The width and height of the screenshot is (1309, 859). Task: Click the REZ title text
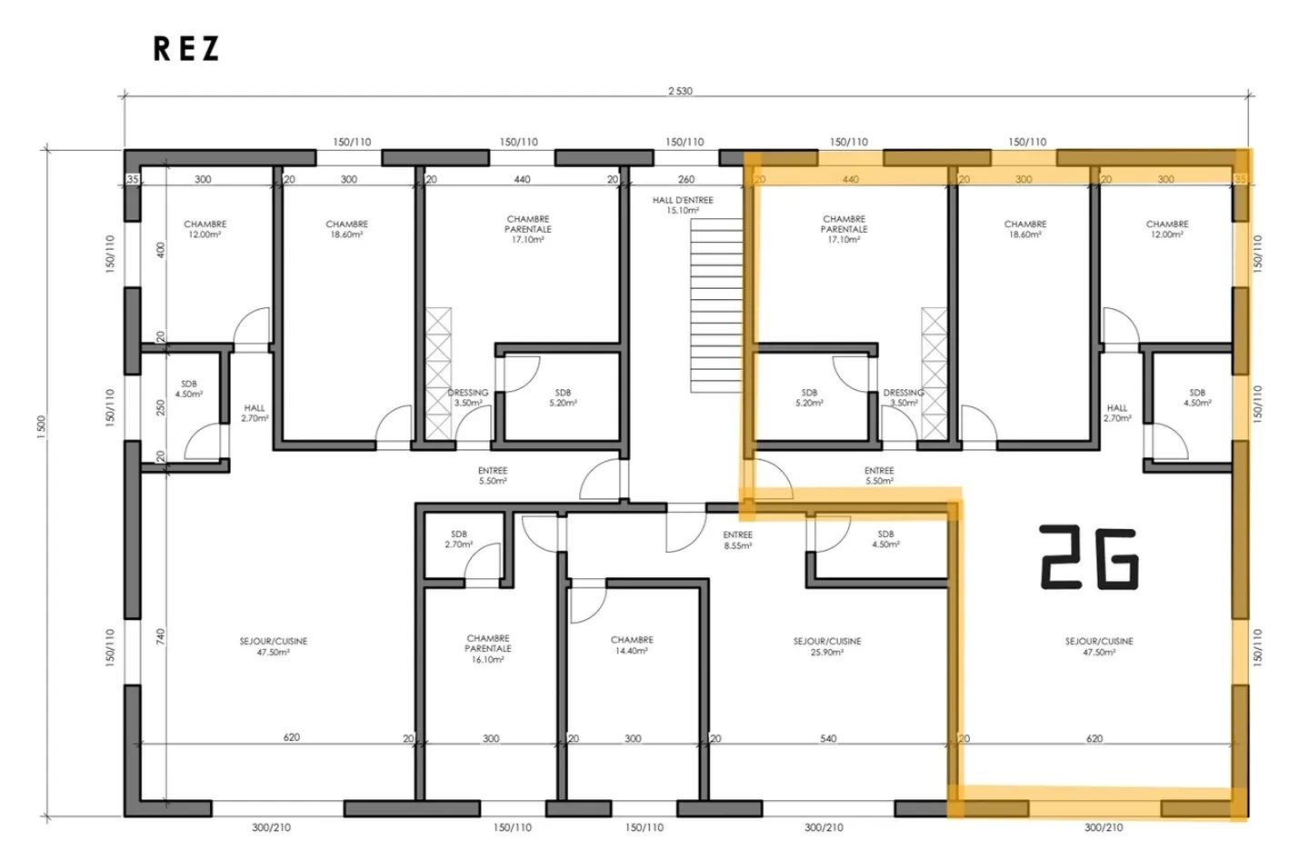[x=186, y=49]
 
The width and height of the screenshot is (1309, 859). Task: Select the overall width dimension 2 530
[x=680, y=91]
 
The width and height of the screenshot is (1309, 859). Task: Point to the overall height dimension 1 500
[x=41, y=427]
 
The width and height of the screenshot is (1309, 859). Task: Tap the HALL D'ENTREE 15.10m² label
[x=683, y=205]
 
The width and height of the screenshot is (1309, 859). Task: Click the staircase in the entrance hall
[x=715, y=305]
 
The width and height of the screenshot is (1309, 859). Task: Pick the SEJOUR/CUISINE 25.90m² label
[x=826, y=646]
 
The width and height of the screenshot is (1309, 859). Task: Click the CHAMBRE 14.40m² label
[x=632, y=645]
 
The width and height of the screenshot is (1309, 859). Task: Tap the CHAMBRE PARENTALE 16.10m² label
[x=488, y=649]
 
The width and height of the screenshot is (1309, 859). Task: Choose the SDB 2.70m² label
[x=459, y=540]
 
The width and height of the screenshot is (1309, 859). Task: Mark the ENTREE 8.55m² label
[x=737, y=541]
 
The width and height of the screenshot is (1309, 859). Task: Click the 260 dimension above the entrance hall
[x=686, y=179]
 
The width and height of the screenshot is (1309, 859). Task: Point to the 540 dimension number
[x=828, y=738]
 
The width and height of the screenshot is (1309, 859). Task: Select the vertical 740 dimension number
[x=161, y=636]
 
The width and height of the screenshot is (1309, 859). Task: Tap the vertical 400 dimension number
[x=161, y=249]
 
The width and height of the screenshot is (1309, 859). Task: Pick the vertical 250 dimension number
[x=161, y=406]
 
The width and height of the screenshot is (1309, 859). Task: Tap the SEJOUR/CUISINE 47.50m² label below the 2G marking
[x=1099, y=646]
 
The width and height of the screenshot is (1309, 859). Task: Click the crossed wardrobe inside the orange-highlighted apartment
[x=934, y=374]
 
